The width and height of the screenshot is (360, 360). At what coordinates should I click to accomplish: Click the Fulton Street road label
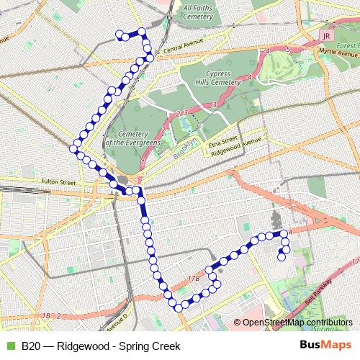pos(58,181)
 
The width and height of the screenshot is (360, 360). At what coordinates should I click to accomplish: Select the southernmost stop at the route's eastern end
pos(281,256)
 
